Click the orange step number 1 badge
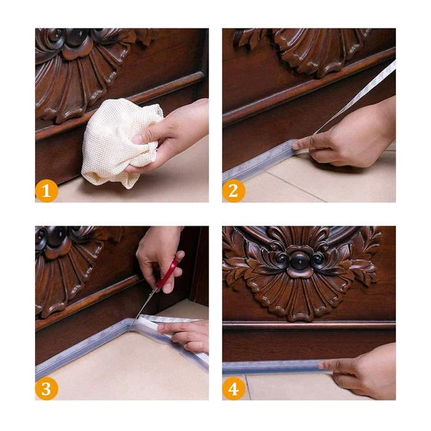(x=47, y=191)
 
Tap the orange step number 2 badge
(x=234, y=191)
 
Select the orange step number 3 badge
(x=47, y=389)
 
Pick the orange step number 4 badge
(x=234, y=389)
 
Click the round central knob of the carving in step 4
(x=300, y=260)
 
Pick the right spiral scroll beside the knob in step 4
(x=319, y=258)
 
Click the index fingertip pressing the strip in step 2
(x=295, y=146)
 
